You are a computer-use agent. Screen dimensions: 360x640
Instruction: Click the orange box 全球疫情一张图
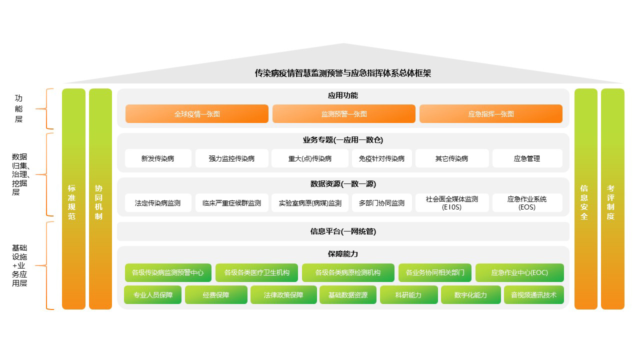[196, 114]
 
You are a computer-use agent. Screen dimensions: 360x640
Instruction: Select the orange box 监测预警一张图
[343, 114]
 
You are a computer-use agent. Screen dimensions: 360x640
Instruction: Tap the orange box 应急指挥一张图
[490, 114]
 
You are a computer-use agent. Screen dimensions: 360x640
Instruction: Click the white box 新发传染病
[158, 158]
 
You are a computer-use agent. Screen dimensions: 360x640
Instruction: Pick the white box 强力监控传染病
[231, 158]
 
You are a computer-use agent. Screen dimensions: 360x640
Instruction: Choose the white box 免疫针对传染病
[381, 158]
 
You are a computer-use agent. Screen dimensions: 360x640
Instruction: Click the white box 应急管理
[527, 158]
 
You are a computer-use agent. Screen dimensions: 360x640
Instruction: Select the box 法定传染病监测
[158, 203]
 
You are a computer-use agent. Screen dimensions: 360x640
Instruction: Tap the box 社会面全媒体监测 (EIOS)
[451, 203]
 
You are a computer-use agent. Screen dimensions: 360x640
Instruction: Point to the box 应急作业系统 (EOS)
[527, 203]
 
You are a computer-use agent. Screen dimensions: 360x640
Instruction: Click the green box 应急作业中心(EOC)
[519, 273]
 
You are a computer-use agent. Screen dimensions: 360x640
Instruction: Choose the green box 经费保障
[216, 295]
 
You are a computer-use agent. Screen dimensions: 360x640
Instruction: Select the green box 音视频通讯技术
[533, 295]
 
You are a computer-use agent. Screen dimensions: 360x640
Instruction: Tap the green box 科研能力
[408, 295]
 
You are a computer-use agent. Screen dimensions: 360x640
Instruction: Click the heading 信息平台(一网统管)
[343, 231]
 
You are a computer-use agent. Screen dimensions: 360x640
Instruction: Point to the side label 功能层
[19, 109]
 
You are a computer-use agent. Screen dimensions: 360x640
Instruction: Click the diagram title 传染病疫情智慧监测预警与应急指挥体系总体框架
[343, 73]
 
